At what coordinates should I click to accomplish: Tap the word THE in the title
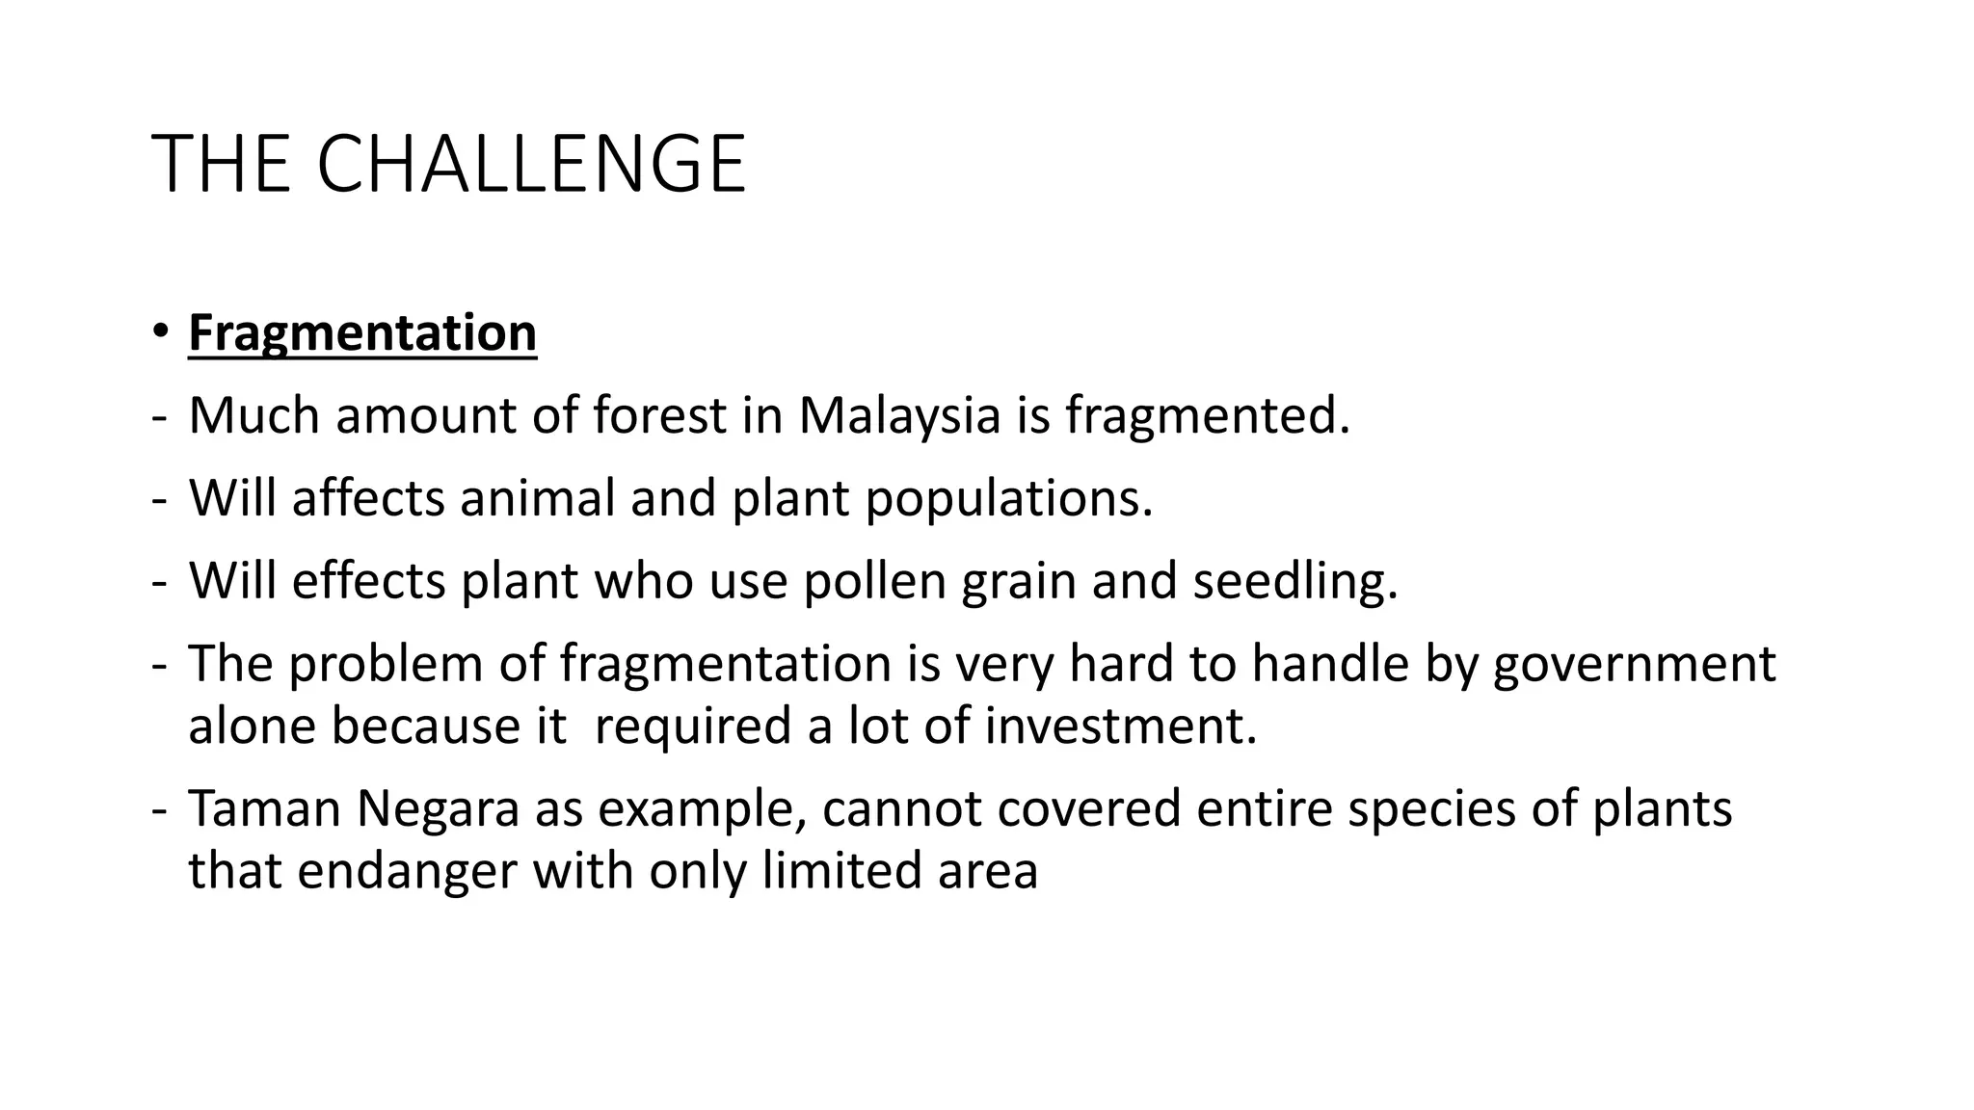coord(221,165)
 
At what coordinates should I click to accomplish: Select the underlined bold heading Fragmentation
coord(362,333)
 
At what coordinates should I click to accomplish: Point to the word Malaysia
coord(899,415)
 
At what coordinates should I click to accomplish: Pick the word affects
coord(368,498)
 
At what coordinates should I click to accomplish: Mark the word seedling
coord(1294,583)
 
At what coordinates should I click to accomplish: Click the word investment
coord(1120,726)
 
